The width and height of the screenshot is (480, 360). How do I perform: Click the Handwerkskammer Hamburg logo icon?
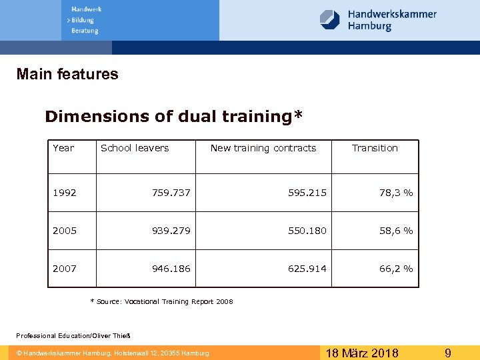330,19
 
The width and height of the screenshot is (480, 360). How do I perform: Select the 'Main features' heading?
67,74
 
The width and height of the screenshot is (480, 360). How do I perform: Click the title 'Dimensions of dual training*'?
173,117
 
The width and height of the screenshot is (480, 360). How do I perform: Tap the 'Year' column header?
63,148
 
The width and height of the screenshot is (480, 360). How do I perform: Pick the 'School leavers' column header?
135,148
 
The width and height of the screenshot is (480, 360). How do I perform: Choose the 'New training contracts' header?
263,148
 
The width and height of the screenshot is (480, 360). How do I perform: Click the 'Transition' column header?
375,148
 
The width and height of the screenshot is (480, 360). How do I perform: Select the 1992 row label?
65,193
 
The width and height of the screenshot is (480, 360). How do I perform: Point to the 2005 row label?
65,231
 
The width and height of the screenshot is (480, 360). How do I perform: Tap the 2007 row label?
65,269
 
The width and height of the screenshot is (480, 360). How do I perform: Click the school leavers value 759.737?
171,193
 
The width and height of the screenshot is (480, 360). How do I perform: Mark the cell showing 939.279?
171,231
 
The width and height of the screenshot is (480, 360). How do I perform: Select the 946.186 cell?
171,269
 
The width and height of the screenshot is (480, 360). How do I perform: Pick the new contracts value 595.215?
307,193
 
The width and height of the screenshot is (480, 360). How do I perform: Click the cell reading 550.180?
307,231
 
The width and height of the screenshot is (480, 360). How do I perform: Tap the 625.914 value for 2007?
307,269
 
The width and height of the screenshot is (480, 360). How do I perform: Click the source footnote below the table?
161,302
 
